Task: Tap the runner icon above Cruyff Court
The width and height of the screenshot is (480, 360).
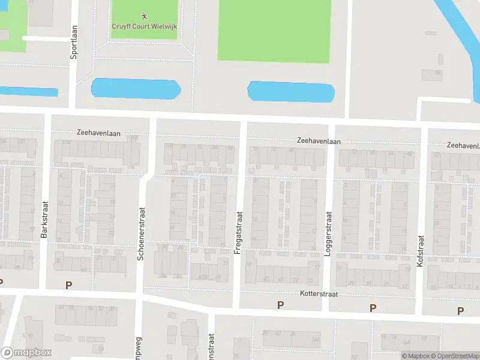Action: pyautogui.click(x=143, y=15)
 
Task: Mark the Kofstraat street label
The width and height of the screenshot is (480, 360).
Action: pyautogui.click(x=421, y=251)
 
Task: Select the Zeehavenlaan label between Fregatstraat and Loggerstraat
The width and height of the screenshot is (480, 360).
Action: pyautogui.click(x=319, y=141)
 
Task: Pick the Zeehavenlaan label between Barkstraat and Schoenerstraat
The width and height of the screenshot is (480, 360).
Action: pyautogui.click(x=99, y=132)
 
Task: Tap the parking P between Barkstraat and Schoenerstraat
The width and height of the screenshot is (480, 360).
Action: pyautogui.click(x=68, y=286)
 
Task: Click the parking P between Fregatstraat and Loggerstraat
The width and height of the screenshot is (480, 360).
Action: pyautogui.click(x=280, y=305)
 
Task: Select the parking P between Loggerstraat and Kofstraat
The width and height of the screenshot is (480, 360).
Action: pyautogui.click(x=373, y=308)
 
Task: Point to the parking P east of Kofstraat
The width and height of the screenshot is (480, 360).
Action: pyautogui.click(x=460, y=310)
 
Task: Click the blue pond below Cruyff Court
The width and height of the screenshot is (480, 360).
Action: pyautogui.click(x=136, y=88)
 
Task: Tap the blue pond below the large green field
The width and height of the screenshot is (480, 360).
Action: pyautogui.click(x=291, y=91)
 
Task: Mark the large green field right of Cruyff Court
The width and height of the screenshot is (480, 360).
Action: pyautogui.click(x=274, y=30)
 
